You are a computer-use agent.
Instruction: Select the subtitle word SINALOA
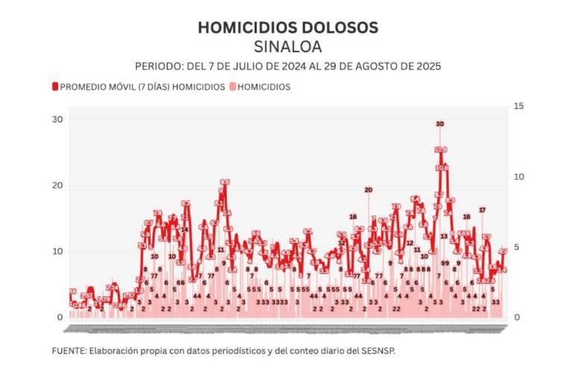287,46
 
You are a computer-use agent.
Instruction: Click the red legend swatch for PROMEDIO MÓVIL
55,87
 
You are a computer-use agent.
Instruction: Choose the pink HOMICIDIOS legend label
263,87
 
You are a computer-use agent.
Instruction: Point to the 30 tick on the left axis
57,119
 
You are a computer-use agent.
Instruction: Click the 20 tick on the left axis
57,185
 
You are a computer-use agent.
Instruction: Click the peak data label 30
440,124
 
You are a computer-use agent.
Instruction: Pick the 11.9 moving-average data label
440,150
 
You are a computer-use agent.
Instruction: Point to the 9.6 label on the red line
225,181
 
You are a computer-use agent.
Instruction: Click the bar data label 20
368,190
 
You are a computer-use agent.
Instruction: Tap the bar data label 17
483,210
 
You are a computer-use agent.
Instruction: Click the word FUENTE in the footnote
68,351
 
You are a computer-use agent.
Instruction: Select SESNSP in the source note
376,351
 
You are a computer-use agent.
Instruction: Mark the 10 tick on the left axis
57,251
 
